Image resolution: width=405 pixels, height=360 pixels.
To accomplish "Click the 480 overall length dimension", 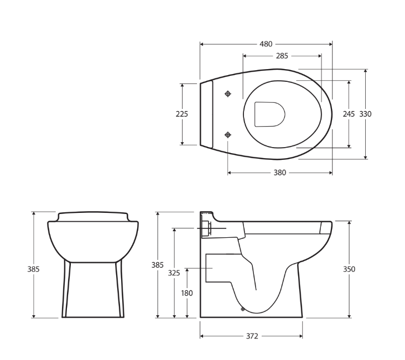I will tap(266, 44).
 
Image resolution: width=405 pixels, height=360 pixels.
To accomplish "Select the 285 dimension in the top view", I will tap(282, 56).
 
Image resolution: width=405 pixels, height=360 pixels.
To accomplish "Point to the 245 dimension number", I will tap(349, 114).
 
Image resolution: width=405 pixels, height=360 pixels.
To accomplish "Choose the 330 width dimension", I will tap(366, 114).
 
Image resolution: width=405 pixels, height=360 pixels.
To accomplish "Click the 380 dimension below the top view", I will tap(280, 173).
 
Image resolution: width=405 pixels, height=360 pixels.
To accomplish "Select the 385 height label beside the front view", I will tap(33, 269).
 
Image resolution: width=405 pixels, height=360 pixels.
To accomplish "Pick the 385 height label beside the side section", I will tap(158, 265).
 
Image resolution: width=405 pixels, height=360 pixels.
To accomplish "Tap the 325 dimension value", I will tap(174, 273).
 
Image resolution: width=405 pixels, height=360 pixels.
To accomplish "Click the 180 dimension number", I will tap(188, 293).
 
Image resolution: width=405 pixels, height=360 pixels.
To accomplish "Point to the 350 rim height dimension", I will tap(349, 269).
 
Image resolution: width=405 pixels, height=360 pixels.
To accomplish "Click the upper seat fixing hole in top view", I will tap(227, 94).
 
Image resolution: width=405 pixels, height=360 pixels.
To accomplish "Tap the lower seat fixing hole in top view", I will tap(227, 134).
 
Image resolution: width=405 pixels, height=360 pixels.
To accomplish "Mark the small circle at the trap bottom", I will tap(242, 310).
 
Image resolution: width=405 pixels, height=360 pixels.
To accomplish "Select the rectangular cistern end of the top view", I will tap(206, 114).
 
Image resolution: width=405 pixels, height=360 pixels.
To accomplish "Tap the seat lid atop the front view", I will tap(93, 215).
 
